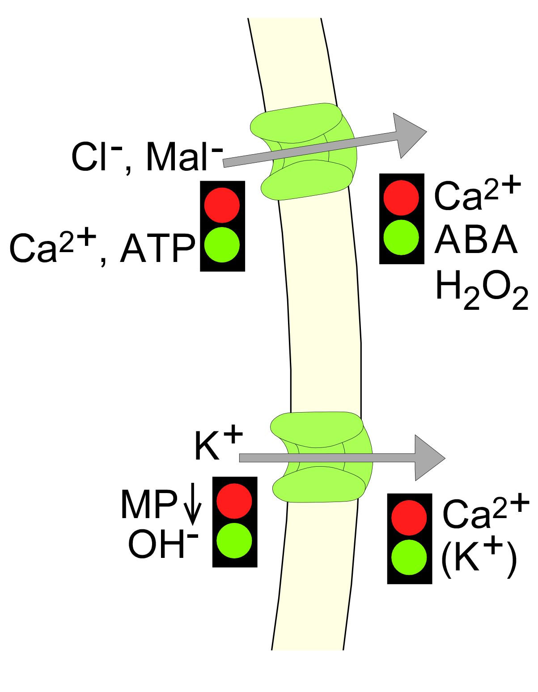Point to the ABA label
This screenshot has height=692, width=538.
point(475,239)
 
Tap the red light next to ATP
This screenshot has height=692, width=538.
point(222,205)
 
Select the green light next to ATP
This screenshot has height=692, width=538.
point(222,245)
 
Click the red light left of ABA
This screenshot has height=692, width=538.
point(401,198)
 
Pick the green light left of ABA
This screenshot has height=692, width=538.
point(401,237)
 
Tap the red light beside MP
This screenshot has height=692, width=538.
point(234,501)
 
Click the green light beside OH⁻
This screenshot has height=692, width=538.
point(234,540)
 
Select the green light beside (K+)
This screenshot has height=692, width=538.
point(409,557)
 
